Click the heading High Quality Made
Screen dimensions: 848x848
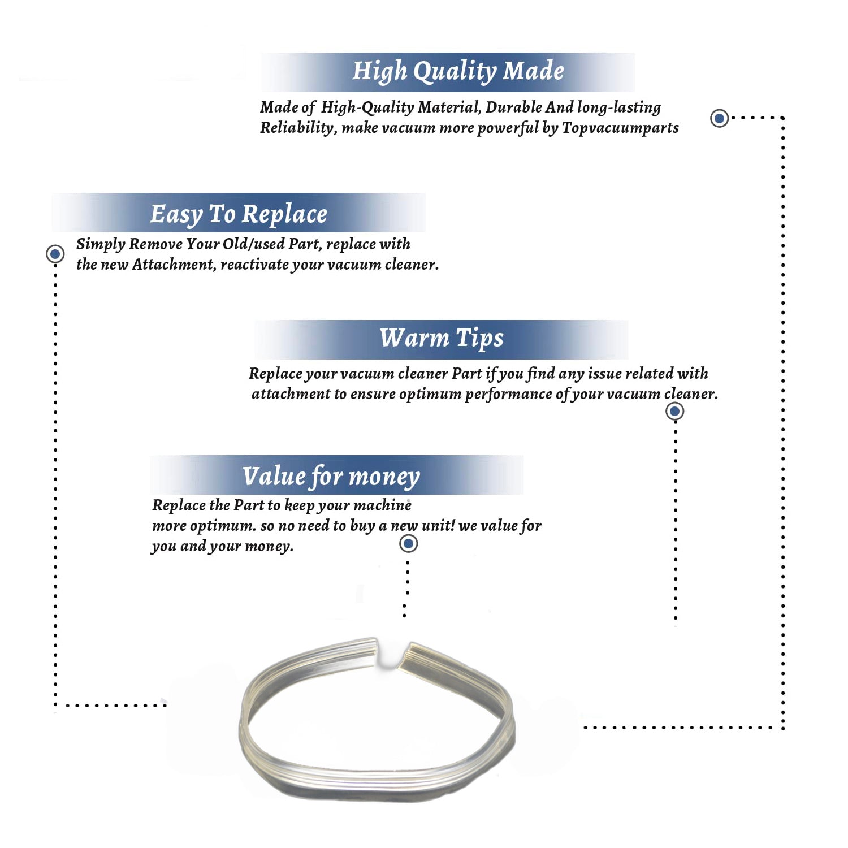pyautogui.click(x=458, y=71)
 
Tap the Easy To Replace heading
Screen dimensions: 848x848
pyautogui.click(x=239, y=214)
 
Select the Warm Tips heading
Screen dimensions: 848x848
pyautogui.click(x=441, y=338)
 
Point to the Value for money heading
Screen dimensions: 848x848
pyautogui.click(x=331, y=476)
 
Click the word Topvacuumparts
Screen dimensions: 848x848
pyautogui.click(x=620, y=128)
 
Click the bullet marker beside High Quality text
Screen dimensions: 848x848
pyautogui.click(x=719, y=118)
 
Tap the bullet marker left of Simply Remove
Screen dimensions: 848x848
pyautogui.click(x=55, y=254)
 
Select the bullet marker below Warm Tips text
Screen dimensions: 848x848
pyautogui.click(x=674, y=411)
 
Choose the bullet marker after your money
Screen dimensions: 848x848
pyautogui.click(x=408, y=544)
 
